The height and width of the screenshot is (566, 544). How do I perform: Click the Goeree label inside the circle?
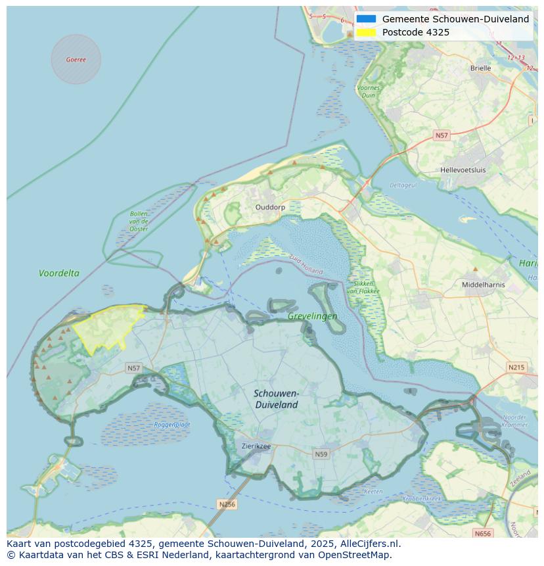click(76, 60)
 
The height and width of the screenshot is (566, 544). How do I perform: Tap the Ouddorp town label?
click(270, 207)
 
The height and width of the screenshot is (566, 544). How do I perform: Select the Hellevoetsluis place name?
click(463, 170)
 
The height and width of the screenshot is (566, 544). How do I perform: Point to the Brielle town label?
click(480, 68)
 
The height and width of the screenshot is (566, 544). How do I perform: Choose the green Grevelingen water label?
click(312, 316)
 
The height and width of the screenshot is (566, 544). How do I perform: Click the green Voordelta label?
click(59, 273)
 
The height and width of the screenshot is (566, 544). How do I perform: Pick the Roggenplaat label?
click(172, 425)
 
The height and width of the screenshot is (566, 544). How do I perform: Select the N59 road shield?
click(321, 454)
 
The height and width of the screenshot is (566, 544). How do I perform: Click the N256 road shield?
click(227, 504)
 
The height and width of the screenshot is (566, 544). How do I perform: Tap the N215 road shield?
click(516, 367)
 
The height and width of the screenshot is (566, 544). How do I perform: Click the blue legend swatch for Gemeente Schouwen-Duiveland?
click(367, 19)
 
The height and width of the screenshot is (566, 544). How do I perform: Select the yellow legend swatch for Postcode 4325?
click(367, 32)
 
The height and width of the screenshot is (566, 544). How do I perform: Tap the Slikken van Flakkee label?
click(360, 287)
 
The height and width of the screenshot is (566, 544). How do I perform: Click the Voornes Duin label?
click(368, 91)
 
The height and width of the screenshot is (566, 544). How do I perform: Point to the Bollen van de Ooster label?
click(139, 222)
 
